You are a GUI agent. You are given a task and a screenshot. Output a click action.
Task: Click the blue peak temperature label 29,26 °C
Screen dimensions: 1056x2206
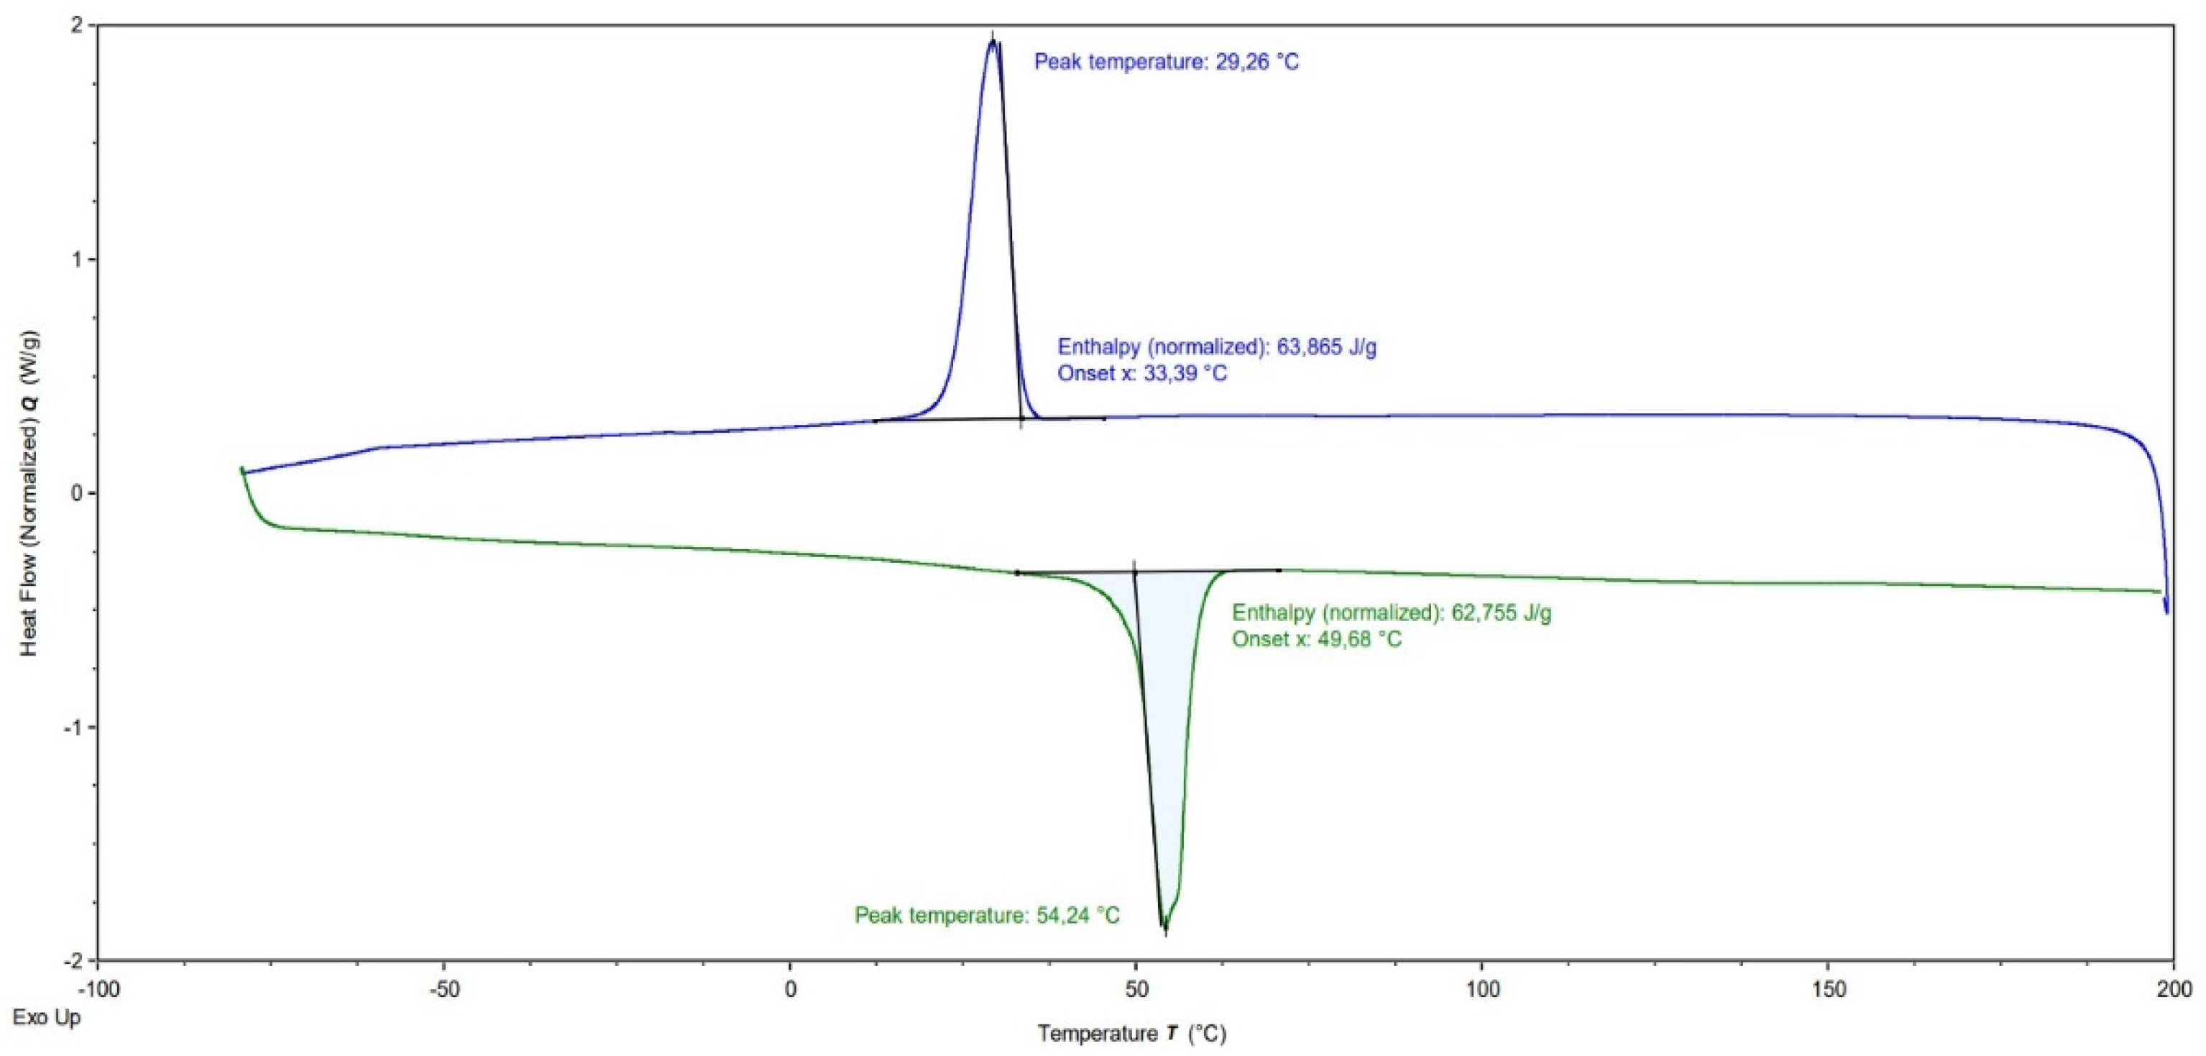pos(1167,62)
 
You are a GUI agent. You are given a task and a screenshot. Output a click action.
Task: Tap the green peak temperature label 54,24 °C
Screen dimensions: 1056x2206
pos(986,916)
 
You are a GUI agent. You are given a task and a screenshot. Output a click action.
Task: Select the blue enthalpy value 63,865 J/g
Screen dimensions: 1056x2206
pos(1217,347)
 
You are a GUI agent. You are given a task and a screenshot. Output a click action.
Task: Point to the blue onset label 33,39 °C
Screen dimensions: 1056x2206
pos(1141,373)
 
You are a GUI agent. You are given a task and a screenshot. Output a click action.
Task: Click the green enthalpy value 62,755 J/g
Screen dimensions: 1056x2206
pos(1392,612)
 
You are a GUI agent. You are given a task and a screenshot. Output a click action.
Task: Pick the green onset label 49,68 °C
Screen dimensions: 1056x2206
pos(1316,639)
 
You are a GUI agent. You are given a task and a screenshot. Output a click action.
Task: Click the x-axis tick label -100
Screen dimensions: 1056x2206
pos(98,990)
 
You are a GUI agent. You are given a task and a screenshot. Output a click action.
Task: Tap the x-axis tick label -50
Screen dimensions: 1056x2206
pos(444,990)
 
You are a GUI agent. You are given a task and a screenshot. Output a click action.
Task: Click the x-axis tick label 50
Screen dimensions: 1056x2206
pos(1136,990)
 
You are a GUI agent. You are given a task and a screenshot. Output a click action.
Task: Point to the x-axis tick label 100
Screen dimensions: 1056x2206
pos(1482,990)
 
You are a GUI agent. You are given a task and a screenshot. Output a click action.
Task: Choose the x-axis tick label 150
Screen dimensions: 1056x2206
pos(1829,990)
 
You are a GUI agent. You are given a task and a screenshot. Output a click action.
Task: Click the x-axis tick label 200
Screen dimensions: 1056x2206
pos(2174,990)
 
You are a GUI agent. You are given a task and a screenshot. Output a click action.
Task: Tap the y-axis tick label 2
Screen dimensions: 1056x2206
pos(78,26)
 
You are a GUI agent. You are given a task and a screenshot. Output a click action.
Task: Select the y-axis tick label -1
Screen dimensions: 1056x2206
pos(72,727)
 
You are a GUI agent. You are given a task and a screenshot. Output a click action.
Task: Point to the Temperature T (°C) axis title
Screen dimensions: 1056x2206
pos(1131,1034)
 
